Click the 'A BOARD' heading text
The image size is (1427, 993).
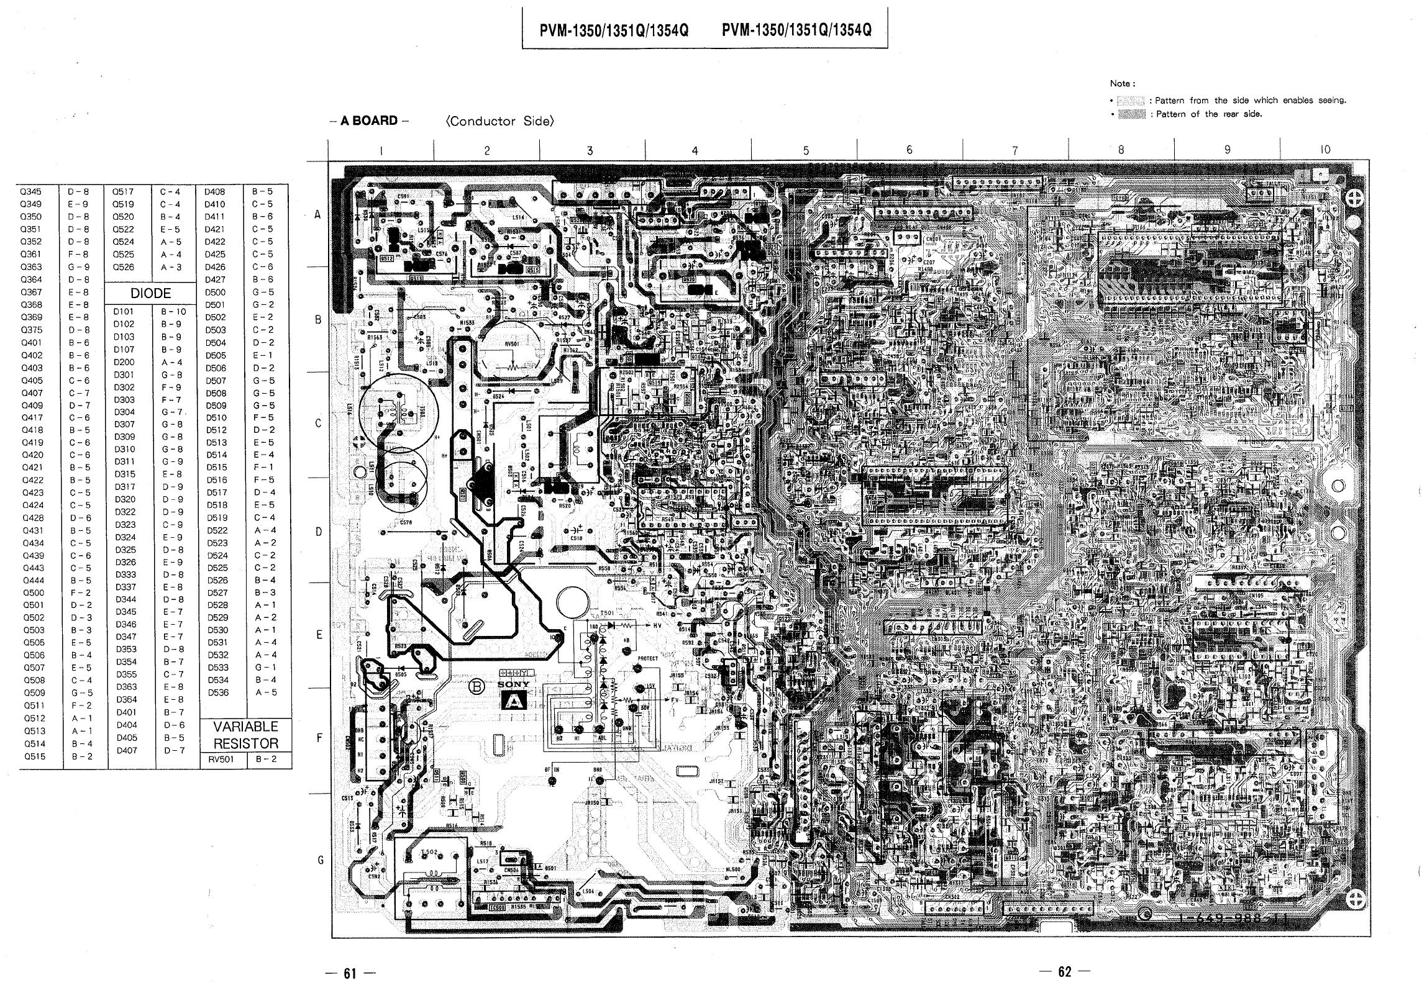pos(368,120)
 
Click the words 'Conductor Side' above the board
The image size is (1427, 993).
pos(499,121)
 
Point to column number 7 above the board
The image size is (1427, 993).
pos(1015,150)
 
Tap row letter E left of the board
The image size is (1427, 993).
pos(319,635)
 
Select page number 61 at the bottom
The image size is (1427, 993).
pos(350,973)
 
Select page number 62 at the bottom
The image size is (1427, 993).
pos(1065,972)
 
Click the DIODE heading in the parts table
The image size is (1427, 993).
pos(150,293)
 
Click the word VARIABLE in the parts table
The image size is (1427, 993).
pos(246,727)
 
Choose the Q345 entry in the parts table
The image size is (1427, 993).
pos(31,191)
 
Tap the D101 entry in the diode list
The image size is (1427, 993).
pos(124,311)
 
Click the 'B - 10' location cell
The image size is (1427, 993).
pos(173,311)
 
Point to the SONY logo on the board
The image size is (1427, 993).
pos(514,684)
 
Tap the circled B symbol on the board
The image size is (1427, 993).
pos(477,687)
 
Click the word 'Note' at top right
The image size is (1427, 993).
pos(1122,83)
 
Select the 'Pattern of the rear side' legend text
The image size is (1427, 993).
pos(1209,114)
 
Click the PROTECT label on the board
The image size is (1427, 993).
pos(647,658)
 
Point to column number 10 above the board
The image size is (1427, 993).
pos(1325,150)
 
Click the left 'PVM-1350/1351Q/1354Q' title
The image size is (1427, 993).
pos(613,30)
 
